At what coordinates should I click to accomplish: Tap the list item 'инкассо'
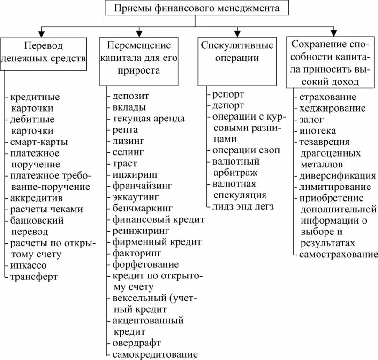[x=27, y=265]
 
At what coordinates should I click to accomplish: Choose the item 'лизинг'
[x=128, y=141]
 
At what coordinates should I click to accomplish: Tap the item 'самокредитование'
[x=155, y=354]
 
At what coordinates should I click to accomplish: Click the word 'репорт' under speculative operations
[x=228, y=94]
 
